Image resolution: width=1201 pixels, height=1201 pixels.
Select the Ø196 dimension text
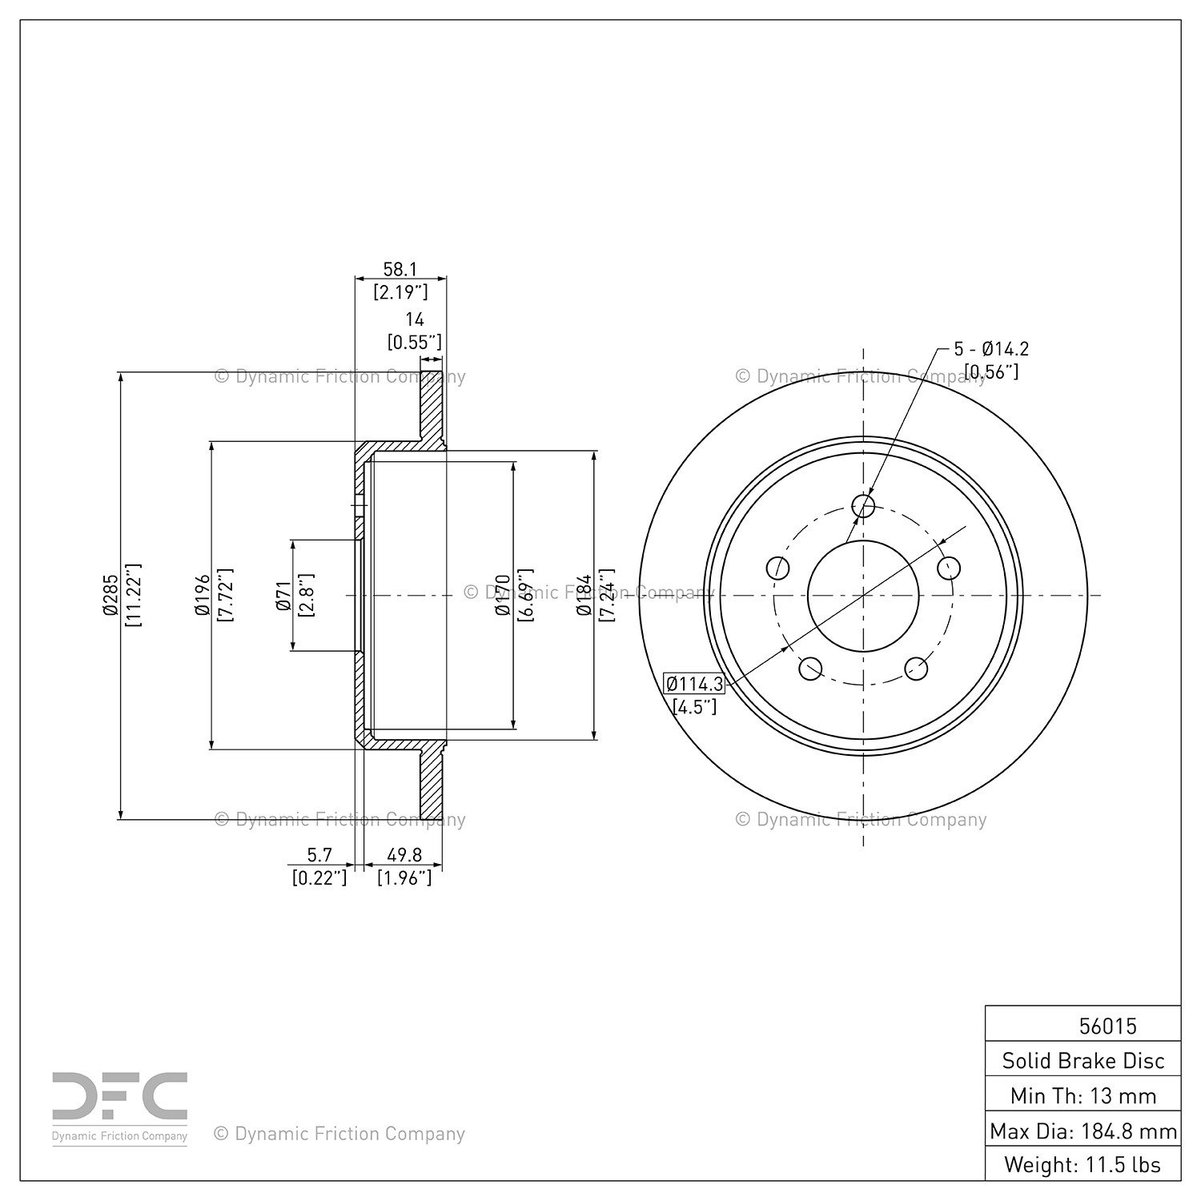coord(202,595)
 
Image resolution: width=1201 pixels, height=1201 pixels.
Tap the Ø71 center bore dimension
coord(283,595)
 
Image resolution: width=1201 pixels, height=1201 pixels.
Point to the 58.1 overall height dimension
coord(400,270)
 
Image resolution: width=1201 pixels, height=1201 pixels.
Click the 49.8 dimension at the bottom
coord(404,856)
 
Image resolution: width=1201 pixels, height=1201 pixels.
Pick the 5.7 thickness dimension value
coord(319,856)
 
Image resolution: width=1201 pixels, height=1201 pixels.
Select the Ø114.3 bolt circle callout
coord(694,684)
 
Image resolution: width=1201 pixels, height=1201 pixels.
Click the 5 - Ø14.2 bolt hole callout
coord(991,349)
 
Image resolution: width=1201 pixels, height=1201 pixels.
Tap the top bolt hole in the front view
coord(863,506)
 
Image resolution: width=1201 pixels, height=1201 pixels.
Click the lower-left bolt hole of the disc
coord(811,668)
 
